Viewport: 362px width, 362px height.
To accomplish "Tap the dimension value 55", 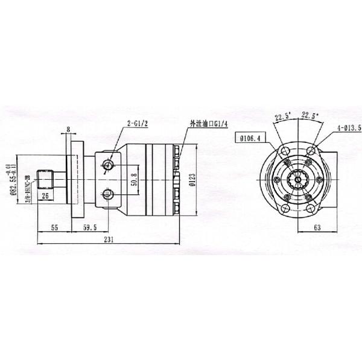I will [x=54, y=229].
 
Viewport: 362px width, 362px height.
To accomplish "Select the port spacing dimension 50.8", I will [x=133, y=179].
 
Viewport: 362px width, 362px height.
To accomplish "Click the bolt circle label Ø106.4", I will [x=250, y=138].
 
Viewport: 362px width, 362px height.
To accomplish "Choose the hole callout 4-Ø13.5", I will [x=349, y=128].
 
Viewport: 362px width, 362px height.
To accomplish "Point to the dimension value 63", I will [x=317, y=229].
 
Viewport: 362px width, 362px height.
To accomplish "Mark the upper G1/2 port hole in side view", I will [x=109, y=165].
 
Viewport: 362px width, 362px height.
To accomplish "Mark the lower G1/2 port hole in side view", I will [x=109, y=194].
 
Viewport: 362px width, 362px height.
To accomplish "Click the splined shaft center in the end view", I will [x=297, y=179].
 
